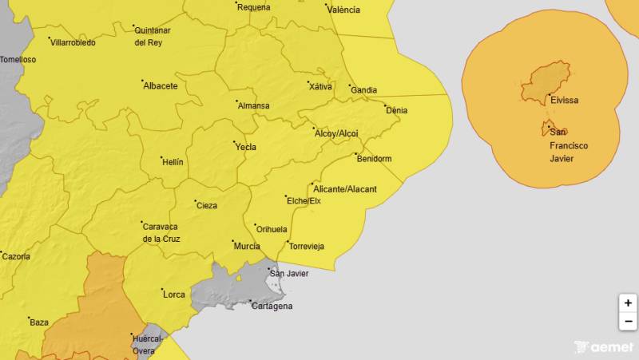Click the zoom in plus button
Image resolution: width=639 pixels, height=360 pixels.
[x=628, y=303]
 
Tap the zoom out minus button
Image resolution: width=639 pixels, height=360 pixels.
[x=628, y=322]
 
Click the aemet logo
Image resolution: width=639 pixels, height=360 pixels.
[x=605, y=347]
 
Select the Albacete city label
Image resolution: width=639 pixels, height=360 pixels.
[x=160, y=86]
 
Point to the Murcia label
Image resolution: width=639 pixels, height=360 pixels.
[x=246, y=246]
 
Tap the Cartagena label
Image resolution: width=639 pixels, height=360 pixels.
[x=272, y=306]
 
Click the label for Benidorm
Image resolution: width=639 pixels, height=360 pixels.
[x=374, y=159]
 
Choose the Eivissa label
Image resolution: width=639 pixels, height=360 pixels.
[x=564, y=101]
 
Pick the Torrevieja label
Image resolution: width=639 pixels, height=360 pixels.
[x=306, y=246]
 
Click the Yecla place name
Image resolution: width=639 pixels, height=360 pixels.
[x=245, y=147]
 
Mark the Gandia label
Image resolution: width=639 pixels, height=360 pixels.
[x=363, y=90]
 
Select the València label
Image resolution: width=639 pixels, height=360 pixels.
[x=343, y=10]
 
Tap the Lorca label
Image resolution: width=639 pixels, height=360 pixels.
[x=173, y=295]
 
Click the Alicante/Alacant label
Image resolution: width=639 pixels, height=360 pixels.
[x=345, y=189]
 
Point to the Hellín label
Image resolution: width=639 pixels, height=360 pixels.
[x=172, y=162]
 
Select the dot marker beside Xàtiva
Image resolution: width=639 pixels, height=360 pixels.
[x=309, y=81]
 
